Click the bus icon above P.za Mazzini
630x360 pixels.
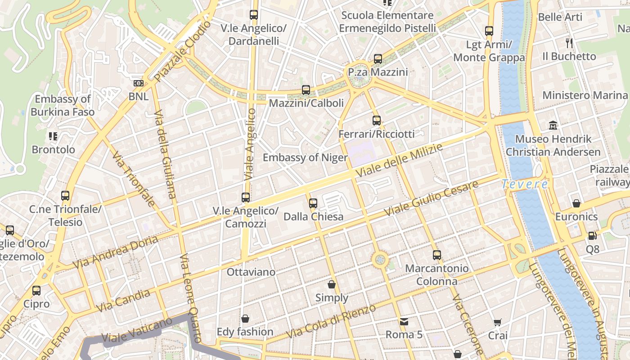pos(378,59)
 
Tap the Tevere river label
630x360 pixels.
pos(525,184)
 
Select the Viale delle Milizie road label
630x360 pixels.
pos(399,160)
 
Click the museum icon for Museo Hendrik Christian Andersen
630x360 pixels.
pos(553,125)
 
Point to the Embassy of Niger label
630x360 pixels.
pos(305,157)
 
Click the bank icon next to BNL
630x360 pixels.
pos(138,83)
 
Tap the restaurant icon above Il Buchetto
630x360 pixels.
pos(569,43)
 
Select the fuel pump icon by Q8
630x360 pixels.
pos(592,235)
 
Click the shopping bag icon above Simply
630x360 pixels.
pos(332,284)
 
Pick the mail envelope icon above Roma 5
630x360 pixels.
pos(404,322)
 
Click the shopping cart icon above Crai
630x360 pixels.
pos(498,322)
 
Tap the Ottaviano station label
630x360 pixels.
pos(251,272)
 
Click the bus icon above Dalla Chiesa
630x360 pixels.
pos(313,203)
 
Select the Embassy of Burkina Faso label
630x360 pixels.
pos(63,105)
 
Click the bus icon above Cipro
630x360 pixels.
pos(36,291)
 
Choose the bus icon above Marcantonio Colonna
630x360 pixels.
pos(436,255)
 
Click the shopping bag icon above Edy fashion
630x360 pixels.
pos(245,319)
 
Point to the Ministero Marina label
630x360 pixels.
pos(585,95)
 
